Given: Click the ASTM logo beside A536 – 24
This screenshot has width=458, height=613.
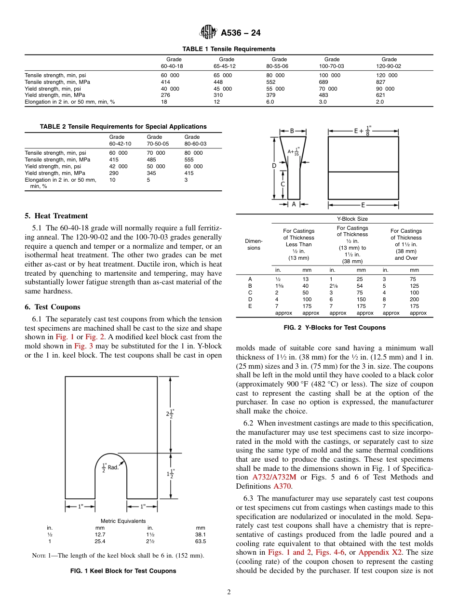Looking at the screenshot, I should [x=208, y=33].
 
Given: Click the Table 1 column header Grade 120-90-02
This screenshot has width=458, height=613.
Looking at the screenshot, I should [x=389, y=63].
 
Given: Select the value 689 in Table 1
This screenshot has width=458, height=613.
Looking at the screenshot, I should [x=324, y=82].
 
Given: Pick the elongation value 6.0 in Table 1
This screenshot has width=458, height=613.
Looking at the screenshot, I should [x=271, y=102].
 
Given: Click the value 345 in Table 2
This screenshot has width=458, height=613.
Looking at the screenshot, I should [x=152, y=173].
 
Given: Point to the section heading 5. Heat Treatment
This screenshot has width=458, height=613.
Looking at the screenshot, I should [x=56, y=216].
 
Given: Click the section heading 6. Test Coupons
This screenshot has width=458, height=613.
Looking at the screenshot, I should [x=53, y=307].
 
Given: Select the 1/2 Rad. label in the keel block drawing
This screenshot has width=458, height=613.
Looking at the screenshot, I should [x=110, y=467].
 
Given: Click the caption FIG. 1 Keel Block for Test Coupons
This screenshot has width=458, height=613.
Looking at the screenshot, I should [x=123, y=571].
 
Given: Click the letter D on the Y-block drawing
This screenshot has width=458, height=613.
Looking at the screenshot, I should [x=274, y=165].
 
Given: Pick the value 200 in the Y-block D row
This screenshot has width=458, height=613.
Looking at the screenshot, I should [x=414, y=299].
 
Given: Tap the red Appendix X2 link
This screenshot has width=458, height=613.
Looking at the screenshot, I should [x=380, y=553].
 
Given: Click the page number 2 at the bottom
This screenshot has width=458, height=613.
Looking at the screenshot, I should [x=229, y=592].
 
